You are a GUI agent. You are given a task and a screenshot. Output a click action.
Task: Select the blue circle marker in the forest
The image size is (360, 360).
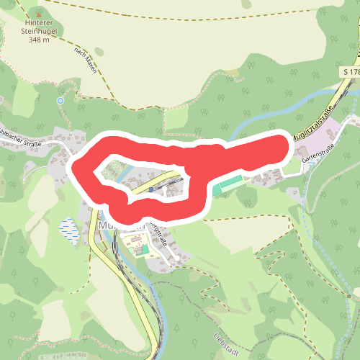pos(60,101)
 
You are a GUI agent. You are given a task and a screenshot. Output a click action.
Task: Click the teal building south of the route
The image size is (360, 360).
pos(144,249)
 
